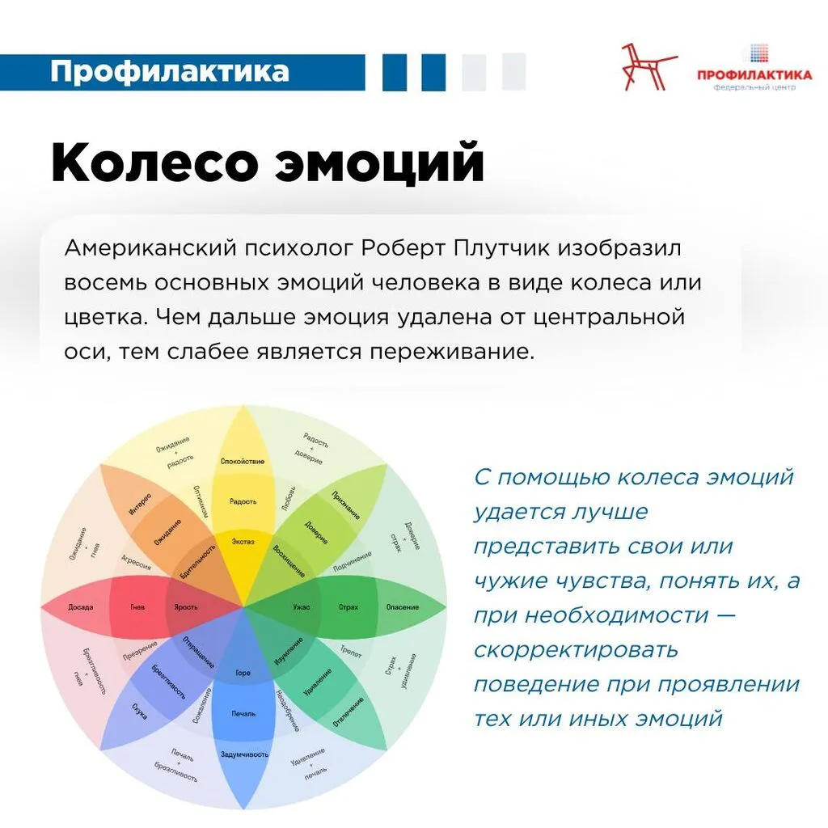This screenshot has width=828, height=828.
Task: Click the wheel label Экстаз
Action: (243, 541)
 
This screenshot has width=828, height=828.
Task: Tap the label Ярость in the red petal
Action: (186, 606)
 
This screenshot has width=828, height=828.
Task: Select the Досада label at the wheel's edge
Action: (81, 606)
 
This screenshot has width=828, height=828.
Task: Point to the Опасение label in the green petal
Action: (402, 606)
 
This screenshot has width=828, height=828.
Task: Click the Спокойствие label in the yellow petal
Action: (243, 461)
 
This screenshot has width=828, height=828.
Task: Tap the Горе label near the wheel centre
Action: (243, 673)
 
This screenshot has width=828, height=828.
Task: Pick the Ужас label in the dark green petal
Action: (301, 606)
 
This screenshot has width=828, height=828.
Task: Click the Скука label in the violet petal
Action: (139, 712)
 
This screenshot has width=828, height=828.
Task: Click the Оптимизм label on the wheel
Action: (201, 501)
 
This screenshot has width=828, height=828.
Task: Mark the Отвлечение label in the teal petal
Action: (345, 712)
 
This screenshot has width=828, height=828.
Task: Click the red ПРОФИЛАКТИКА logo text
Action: (754, 75)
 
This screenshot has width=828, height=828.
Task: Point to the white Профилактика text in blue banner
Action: (169, 71)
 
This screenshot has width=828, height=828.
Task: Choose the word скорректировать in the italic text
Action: (576, 649)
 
